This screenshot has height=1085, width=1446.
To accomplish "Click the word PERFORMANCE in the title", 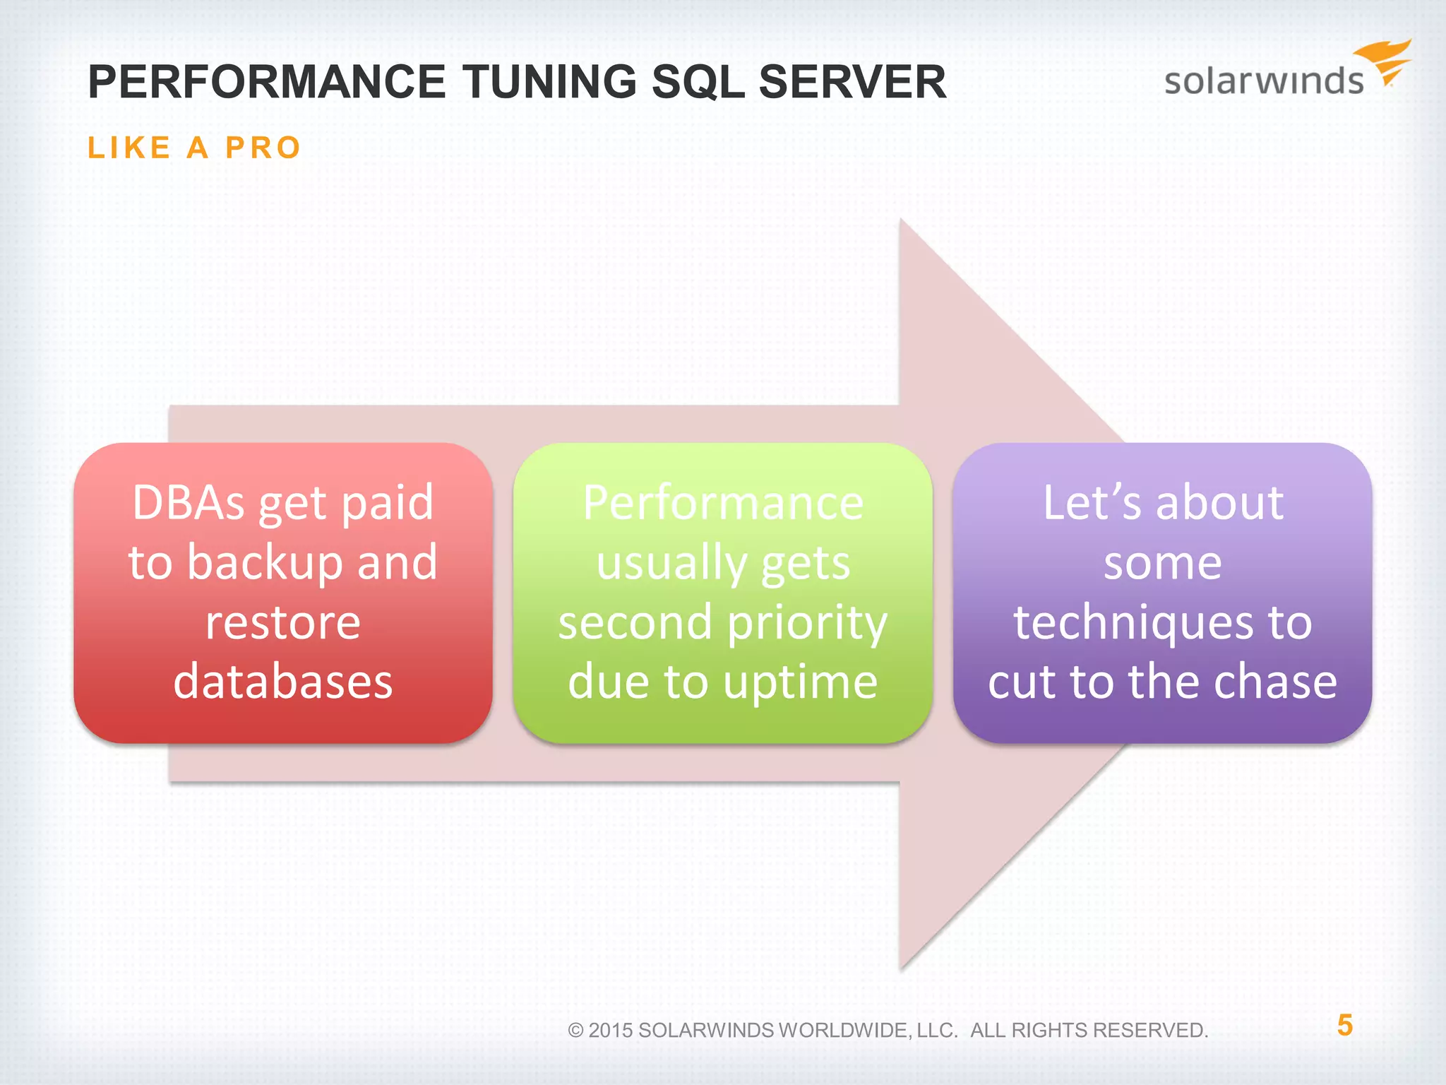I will point(266,82).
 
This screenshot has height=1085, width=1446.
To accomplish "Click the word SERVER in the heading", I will point(852,82).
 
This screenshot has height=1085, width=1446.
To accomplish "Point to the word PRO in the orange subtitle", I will point(263,148).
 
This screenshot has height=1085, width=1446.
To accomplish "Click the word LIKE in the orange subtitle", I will point(129,148).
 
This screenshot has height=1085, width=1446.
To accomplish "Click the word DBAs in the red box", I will point(189,503).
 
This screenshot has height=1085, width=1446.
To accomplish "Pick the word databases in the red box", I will point(283,682).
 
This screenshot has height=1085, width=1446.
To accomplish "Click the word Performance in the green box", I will point(723,503).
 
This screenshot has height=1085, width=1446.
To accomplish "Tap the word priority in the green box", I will point(807,624).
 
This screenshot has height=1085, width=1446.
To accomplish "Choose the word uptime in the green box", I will point(800,683).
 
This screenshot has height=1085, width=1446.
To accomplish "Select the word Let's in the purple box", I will point(1092,503).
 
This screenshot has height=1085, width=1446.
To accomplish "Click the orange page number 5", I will point(1344,1025).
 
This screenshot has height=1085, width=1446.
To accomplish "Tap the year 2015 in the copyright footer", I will point(610,1031).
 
